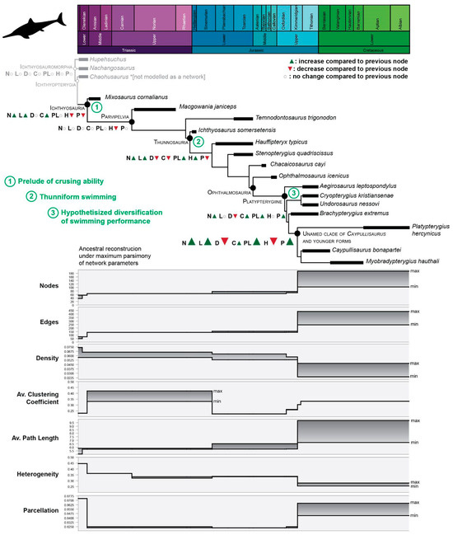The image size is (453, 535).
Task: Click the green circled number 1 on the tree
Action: click(x=96, y=106)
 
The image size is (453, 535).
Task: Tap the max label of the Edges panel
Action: click(x=415, y=312)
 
